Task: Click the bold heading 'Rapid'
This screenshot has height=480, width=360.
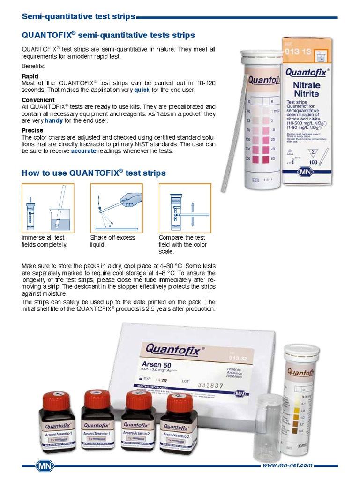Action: [x=30, y=76]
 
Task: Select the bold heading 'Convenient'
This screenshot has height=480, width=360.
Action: [x=38, y=100]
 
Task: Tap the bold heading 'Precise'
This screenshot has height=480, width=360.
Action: [x=32, y=130]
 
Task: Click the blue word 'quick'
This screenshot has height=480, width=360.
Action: [x=142, y=89]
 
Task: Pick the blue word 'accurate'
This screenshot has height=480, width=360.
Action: [x=83, y=151]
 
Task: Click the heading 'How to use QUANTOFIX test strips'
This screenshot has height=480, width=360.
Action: [x=94, y=173]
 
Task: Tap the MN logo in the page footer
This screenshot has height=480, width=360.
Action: [x=45, y=466]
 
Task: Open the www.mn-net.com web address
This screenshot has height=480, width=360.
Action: [x=288, y=465]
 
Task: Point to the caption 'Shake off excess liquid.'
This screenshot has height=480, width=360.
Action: [x=112, y=241]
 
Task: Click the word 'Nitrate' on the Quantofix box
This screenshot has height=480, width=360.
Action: [x=307, y=85]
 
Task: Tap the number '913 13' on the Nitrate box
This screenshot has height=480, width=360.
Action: [x=298, y=52]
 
